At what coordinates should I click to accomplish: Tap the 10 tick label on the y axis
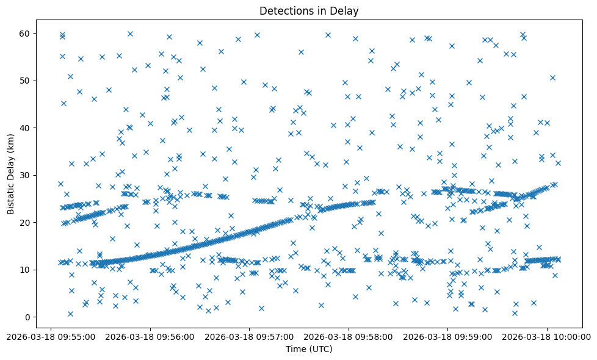point(26,270)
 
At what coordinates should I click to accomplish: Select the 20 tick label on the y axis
point(26,222)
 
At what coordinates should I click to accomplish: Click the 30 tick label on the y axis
point(26,175)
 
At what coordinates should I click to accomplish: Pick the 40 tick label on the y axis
point(26,128)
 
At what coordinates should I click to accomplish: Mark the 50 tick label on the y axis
point(26,81)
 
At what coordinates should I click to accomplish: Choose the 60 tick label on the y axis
point(26,33)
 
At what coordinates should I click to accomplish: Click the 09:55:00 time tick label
point(51,336)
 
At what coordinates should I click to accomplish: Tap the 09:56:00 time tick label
point(150,336)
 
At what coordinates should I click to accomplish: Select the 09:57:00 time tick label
point(250,336)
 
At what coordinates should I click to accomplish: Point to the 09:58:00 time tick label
point(349,336)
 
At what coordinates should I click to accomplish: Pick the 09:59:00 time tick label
point(448,336)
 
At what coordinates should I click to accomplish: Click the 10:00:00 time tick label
point(548,336)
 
